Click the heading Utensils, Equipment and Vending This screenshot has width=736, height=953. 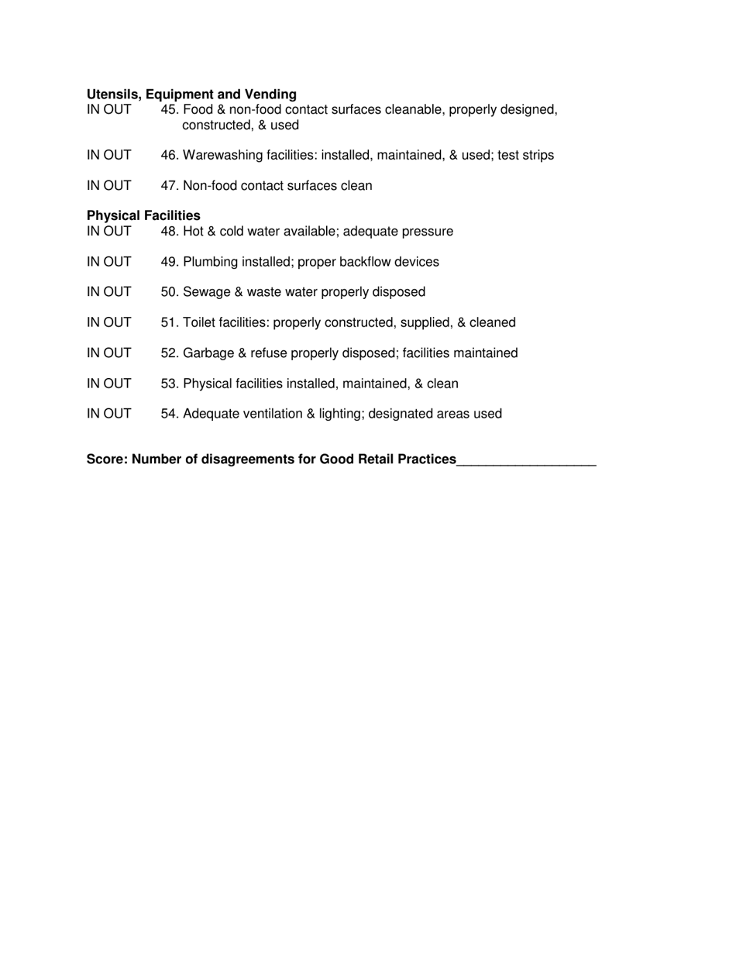coord(191,95)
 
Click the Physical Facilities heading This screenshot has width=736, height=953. coord(143,215)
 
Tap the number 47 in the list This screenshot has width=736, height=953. coord(169,186)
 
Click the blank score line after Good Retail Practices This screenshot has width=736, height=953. coord(526,460)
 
